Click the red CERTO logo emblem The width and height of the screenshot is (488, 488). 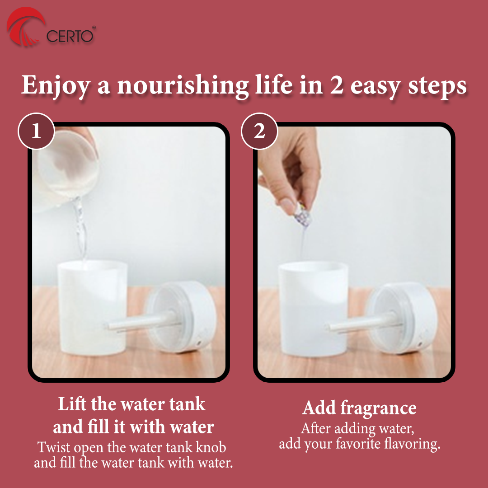point(25,27)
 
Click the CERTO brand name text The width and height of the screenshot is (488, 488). point(70,36)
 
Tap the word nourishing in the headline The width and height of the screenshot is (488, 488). point(183,85)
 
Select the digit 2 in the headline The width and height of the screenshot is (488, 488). point(337,85)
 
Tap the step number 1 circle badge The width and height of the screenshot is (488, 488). point(36,131)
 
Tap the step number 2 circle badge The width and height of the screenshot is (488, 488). point(259,131)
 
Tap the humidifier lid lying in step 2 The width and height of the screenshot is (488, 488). point(402,318)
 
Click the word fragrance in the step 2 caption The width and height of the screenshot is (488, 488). point(378,408)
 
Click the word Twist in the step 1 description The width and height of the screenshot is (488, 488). point(53,447)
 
